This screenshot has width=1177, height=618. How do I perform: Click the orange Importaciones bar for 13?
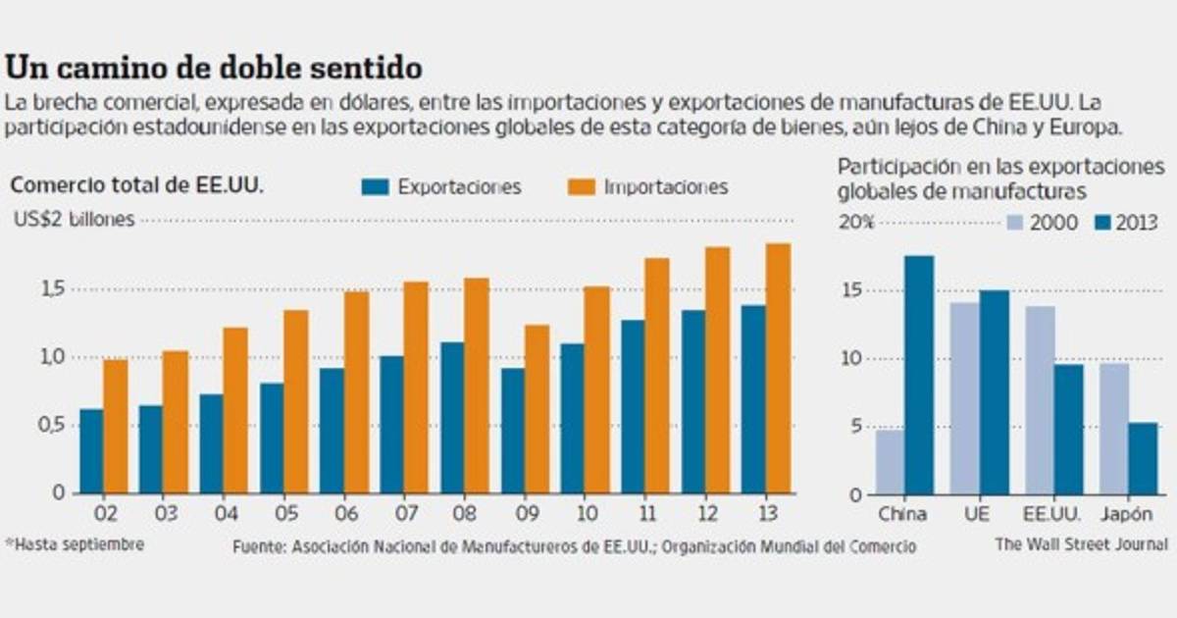click(778, 368)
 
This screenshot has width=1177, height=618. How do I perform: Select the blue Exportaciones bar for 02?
click(91, 451)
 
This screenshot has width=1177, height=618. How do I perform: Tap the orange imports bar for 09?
click(537, 409)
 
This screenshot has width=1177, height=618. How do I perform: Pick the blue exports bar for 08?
click(452, 417)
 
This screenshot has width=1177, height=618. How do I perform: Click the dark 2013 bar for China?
click(919, 375)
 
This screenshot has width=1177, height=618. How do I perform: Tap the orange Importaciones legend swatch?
click(582, 186)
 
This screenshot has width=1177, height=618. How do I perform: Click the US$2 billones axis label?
click(75, 220)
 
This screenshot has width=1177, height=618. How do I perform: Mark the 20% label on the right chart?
click(855, 223)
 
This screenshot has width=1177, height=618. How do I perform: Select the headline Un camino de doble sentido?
click(214, 69)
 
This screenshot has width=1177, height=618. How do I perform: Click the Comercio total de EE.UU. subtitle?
click(138, 185)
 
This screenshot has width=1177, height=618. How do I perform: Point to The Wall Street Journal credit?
click(1081, 544)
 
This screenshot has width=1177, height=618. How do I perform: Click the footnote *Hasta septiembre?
click(74, 543)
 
